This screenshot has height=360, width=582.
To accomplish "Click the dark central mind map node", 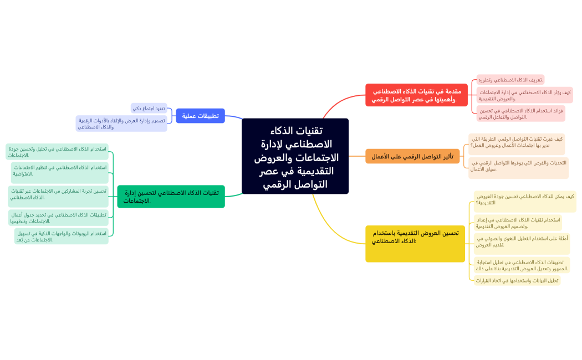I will tap(295, 156).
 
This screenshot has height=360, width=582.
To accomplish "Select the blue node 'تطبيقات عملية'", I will tap(200, 116).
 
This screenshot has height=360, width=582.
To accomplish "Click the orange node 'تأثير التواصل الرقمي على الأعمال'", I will tap(412, 156).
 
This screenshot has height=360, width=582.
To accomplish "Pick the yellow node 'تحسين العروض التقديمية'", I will tap(415, 243).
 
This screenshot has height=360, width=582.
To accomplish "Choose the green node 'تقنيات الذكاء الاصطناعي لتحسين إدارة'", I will tap(171, 197).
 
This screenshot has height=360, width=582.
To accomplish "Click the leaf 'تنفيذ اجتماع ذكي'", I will tap(149, 108).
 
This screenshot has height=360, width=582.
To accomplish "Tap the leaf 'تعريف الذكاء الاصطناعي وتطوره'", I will tap(510, 80).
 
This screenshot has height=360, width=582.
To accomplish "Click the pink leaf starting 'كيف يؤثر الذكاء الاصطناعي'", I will tap(524, 95).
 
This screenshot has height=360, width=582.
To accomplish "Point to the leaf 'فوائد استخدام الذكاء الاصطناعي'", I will tap(520, 114).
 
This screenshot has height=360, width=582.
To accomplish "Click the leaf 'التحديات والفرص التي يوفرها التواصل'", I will tap(518, 168).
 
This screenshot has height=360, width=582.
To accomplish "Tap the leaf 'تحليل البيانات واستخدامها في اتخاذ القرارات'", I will tap(517, 280).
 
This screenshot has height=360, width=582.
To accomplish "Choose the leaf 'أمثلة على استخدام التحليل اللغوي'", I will tap(520, 241).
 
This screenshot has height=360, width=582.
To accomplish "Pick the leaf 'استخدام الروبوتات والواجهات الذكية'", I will tap(61, 236).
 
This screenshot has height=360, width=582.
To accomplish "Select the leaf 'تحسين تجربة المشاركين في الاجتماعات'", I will tap(58, 194).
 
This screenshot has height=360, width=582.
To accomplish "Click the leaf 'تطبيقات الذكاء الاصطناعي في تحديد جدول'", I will tap(58, 218).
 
